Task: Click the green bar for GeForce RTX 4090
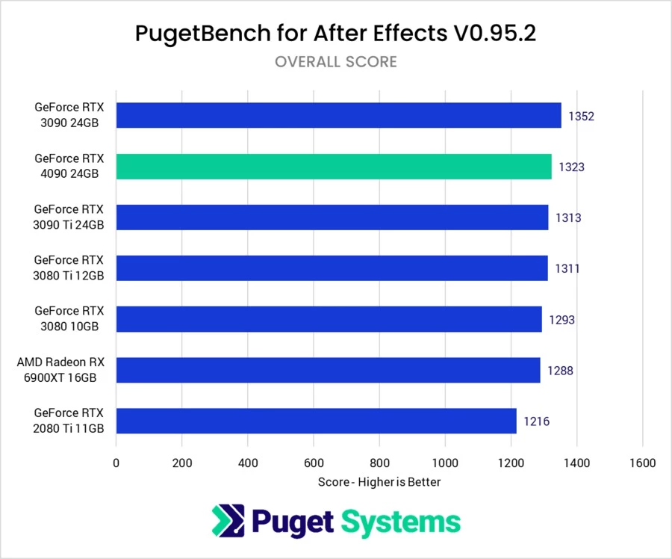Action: click(x=334, y=167)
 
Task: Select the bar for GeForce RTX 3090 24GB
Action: click(x=338, y=116)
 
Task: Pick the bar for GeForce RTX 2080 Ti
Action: click(x=316, y=421)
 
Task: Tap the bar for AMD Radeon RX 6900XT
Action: click(x=328, y=370)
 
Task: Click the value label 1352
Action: click(x=581, y=117)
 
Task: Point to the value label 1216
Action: click(x=536, y=421)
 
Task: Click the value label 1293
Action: click(x=561, y=320)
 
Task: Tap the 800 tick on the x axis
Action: click(x=379, y=463)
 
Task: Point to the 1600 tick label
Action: click(x=642, y=463)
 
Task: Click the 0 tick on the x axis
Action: click(x=116, y=463)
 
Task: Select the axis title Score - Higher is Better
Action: click(x=379, y=482)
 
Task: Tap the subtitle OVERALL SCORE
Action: click(x=335, y=62)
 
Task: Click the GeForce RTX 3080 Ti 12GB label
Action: click(x=69, y=268)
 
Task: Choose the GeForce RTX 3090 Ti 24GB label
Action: click(x=69, y=217)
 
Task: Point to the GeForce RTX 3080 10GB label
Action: click(x=69, y=319)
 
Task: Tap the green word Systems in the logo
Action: click(x=402, y=522)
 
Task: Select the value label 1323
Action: click(x=571, y=167)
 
